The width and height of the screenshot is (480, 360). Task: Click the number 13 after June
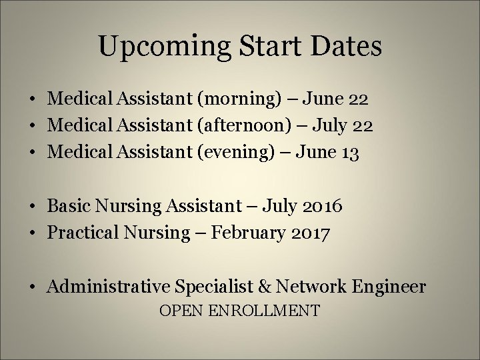351,154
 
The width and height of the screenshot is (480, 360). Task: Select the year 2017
308,234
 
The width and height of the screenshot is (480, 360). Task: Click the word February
242,234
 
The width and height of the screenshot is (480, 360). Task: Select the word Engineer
388,287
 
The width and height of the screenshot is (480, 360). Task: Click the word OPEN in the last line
181,311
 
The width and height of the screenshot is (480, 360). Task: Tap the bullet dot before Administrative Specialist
32,287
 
